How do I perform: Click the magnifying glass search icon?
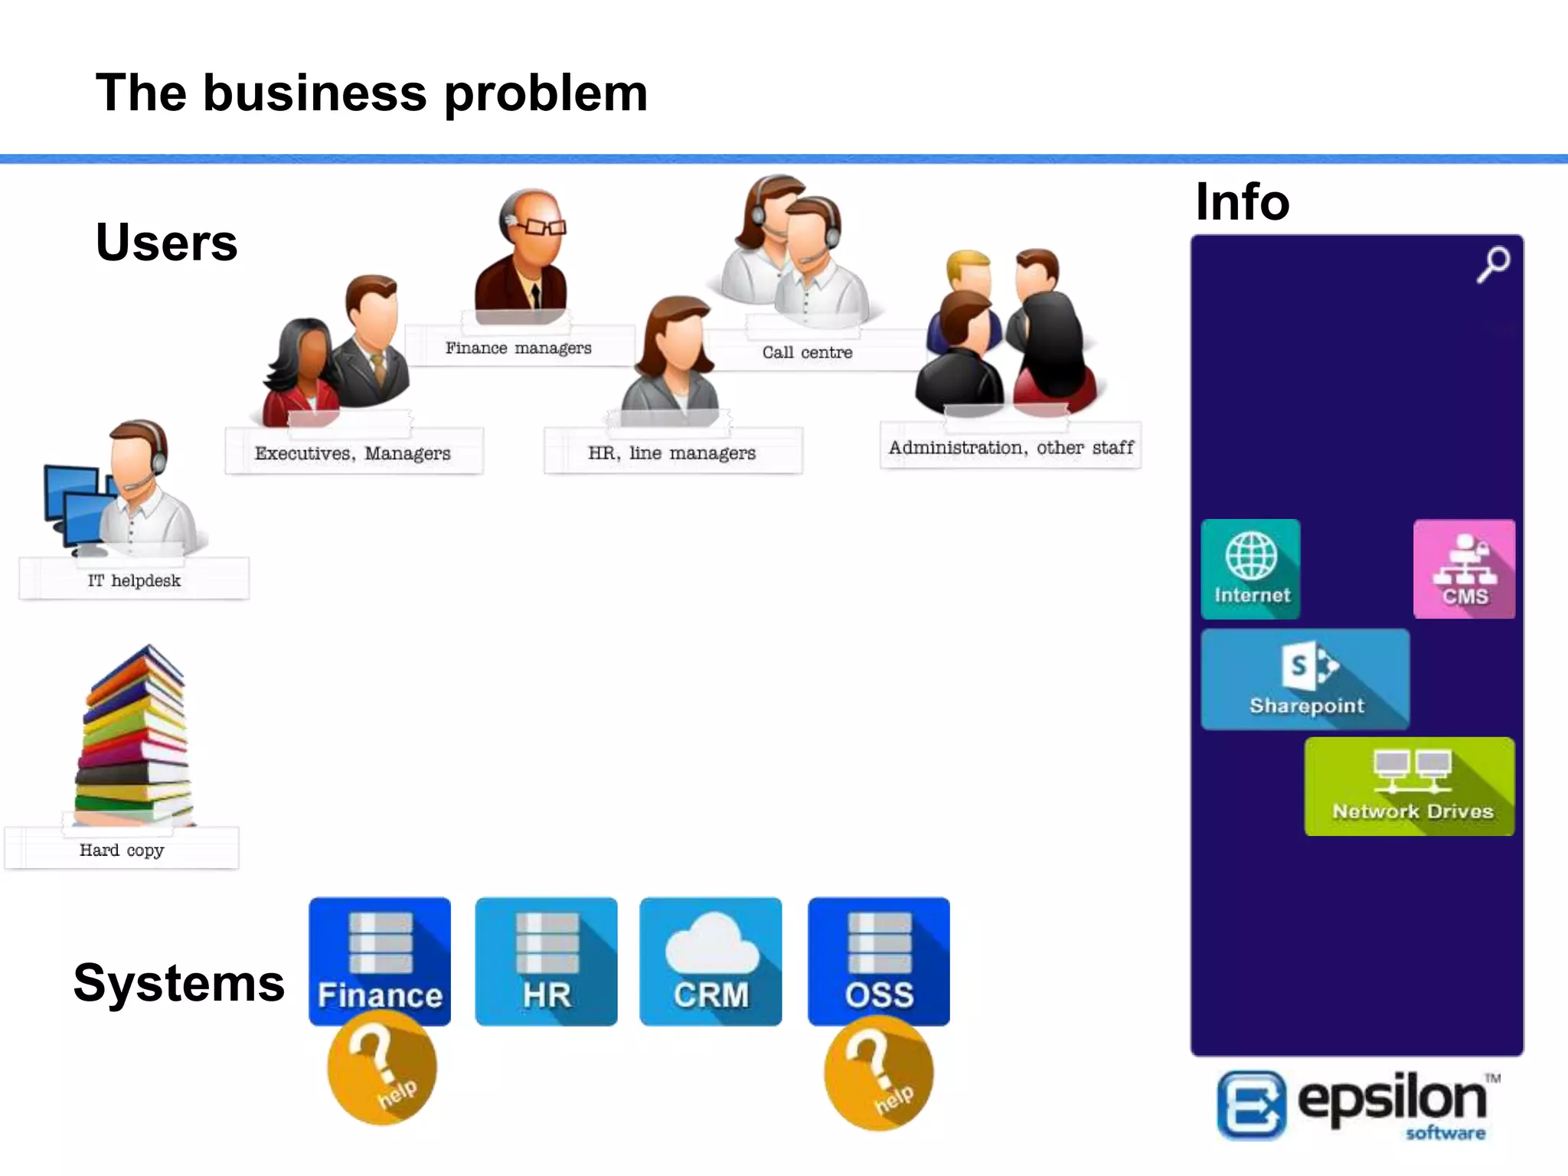(1493, 264)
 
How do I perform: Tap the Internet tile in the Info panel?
(1251, 569)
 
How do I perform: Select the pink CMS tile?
(1464, 569)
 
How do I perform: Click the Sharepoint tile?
(1305, 679)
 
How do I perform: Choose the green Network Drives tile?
(1410, 786)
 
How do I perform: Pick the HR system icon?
(546, 962)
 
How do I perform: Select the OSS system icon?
(879, 962)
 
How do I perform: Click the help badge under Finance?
(382, 1069)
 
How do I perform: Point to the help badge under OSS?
(879, 1073)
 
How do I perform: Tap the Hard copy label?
(122, 850)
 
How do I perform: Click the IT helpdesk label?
(134, 580)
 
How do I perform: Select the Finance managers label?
(518, 348)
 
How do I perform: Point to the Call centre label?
(807, 352)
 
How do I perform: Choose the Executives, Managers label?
(353, 453)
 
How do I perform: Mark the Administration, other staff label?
(1011, 447)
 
